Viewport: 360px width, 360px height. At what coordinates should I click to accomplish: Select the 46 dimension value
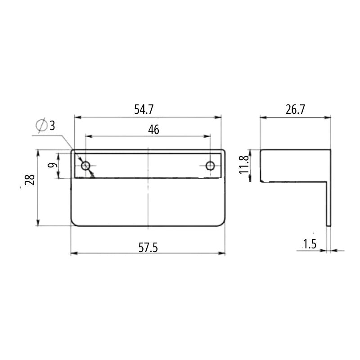pos(153,130)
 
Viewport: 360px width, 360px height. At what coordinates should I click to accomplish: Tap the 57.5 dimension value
pos(148,247)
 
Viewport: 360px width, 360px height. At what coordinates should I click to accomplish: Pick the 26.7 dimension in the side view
pos(296,109)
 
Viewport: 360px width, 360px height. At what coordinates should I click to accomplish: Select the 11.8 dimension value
pos(244,166)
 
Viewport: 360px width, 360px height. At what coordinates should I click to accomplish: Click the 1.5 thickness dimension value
pos(309,244)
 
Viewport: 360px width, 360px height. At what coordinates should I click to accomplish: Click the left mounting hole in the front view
pos(85,166)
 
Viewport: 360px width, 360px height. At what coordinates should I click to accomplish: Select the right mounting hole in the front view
pos(210,166)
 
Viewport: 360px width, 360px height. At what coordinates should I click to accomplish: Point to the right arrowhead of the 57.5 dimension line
pos(222,253)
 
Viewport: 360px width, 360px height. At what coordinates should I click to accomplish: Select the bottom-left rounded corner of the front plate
pos(74,223)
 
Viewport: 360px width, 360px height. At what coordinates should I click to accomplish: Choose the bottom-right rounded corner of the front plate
pos(222,223)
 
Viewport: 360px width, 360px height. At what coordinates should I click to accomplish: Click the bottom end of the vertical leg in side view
pos(328,225)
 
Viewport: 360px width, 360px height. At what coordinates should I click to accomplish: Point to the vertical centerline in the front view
pos(148,198)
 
